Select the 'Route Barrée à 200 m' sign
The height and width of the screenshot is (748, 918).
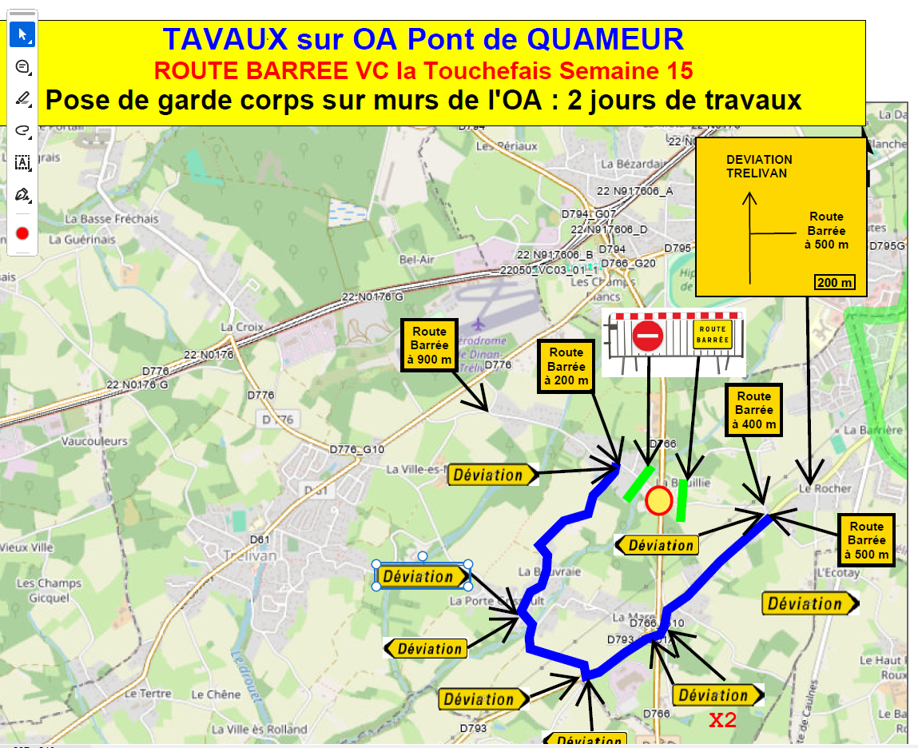pyautogui.click(x=566, y=365)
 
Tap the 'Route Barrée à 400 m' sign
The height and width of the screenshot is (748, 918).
pyautogui.click(x=753, y=410)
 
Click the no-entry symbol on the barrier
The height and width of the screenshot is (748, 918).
pyautogui.click(x=647, y=336)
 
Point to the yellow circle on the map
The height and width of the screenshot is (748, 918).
pyautogui.click(x=658, y=501)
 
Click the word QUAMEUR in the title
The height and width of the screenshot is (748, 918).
pyautogui.click(x=606, y=38)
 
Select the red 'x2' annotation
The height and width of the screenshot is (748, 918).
pyautogui.click(x=722, y=720)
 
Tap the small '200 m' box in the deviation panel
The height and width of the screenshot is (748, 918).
pyautogui.click(x=834, y=282)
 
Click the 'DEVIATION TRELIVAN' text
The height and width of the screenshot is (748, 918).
pyautogui.click(x=759, y=166)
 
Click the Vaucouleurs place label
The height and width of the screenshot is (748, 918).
pyautogui.click(x=94, y=441)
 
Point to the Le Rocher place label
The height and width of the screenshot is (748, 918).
pyautogui.click(x=825, y=488)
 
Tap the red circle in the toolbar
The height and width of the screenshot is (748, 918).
pyautogui.click(x=22, y=233)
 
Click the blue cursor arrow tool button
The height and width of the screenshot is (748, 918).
pyautogui.click(x=22, y=34)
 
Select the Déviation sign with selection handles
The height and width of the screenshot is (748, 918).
pyautogui.click(x=422, y=576)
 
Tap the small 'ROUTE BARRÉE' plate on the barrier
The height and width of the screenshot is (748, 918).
pyautogui.click(x=713, y=334)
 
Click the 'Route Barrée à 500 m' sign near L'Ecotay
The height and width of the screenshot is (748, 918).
pyautogui.click(x=866, y=540)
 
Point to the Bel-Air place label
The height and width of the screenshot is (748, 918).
pyautogui.click(x=417, y=260)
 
